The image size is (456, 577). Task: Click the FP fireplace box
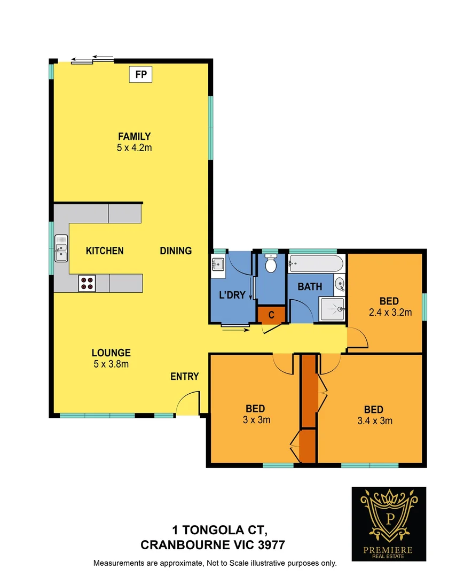tap(141, 74)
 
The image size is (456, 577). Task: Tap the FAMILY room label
tap(135, 136)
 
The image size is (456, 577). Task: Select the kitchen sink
tap(61, 248)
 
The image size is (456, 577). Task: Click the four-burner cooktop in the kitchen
tap(87, 283)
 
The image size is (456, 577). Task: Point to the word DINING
tap(176, 251)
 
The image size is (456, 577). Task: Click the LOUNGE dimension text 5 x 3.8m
tap(111, 364)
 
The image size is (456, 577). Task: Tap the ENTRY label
tap(185, 377)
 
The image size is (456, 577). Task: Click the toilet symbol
tap(271, 263)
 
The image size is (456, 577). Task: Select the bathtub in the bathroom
tap(315, 263)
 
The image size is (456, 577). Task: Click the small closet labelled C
tap(271, 315)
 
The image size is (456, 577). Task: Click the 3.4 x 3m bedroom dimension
tap(373, 421)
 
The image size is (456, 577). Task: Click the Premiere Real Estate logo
tap(388, 516)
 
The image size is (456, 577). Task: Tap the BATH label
tap(310, 287)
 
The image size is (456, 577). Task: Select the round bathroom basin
tap(340, 284)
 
